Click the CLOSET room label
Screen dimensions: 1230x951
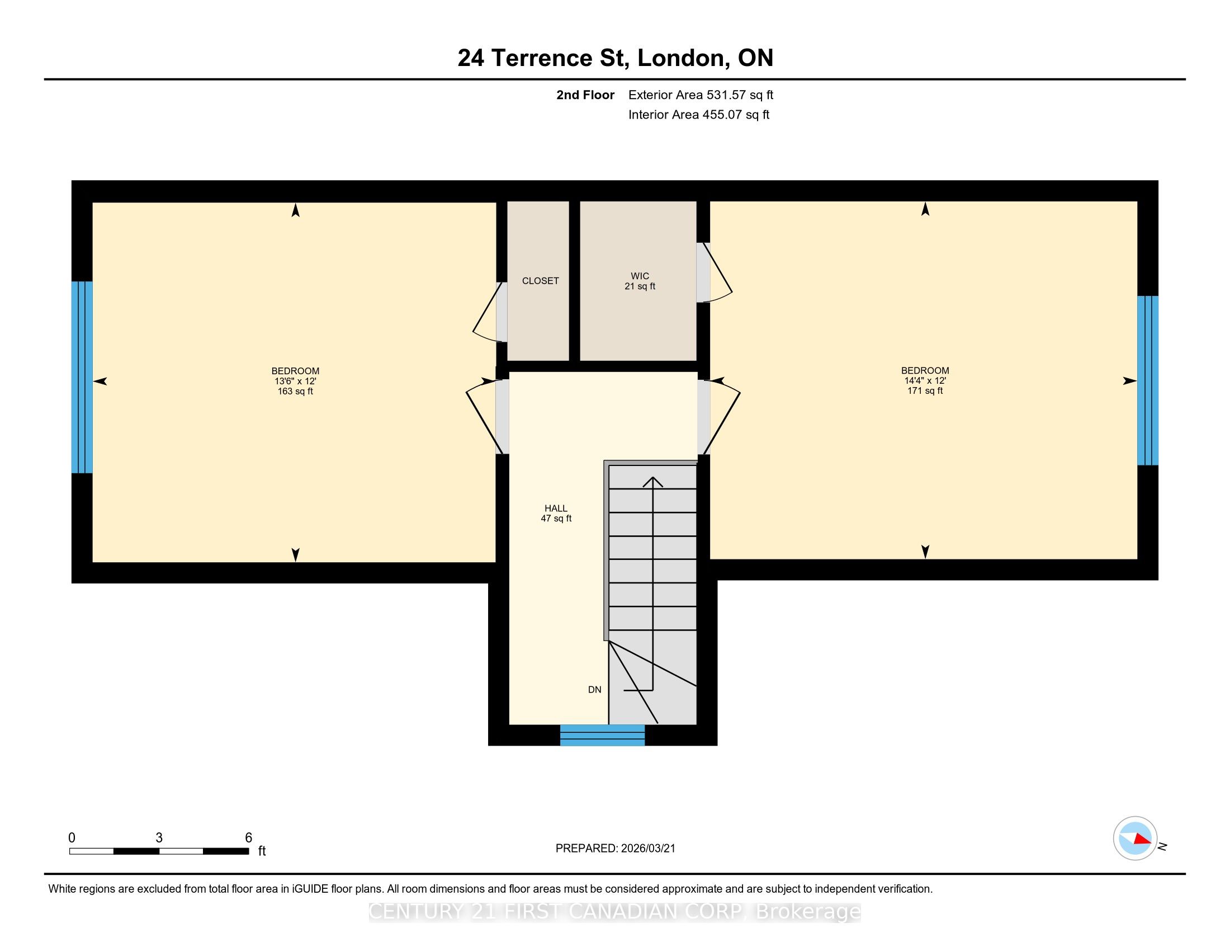pos(540,281)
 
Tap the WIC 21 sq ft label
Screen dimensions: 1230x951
pos(640,281)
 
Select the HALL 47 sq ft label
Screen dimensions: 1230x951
pos(556,513)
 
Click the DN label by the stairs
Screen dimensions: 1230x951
pos(595,690)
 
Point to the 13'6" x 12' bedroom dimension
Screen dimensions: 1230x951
pos(295,381)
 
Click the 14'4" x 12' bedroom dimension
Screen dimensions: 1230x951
pos(925,380)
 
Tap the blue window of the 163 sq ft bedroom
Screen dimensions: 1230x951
pos(82,377)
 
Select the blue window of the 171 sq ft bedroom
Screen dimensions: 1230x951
pos(1148,380)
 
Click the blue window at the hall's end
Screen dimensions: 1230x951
pos(602,735)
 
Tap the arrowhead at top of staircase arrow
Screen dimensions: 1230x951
pos(652,482)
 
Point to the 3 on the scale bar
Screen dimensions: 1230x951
pos(159,838)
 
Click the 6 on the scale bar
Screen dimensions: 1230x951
pos(248,838)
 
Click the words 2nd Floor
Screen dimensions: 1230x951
pos(585,95)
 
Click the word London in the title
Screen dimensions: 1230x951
pos(681,58)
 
